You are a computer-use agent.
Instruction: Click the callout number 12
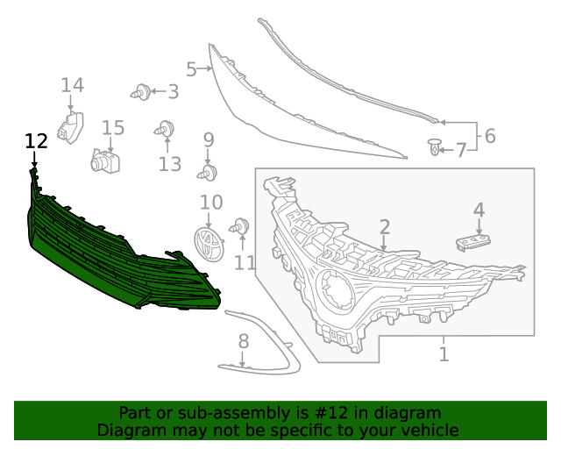pyautogui.click(x=36, y=141)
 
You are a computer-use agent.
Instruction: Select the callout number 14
pyautogui.click(x=72, y=85)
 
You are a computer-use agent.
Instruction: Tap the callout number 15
pyautogui.click(x=113, y=128)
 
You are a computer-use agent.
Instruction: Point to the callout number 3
pyautogui.click(x=173, y=90)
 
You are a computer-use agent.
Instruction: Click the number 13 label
pyautogui.click(x=169, y=164)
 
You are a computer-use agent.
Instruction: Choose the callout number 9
pyautogui.click(x=209, y=139)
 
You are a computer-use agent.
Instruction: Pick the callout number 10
pyautogui.click(x=211, y=203)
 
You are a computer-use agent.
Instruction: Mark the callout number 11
pyautogui.click(x=245, y=261)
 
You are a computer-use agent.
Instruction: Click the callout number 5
pyautogui.click(x=191, y=68)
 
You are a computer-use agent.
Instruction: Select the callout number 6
pyautogui.click(x=489, y=136)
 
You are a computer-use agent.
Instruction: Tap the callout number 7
pyautogui.click(x=460, y=151)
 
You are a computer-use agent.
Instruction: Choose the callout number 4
pyautogui.click(x=479, y=210)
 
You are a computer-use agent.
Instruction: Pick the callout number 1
pyautogui.click(x=444, y=354)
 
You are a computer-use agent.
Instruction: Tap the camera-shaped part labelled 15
pyautogui.click(x=105, y=161)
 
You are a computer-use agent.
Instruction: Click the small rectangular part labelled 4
pyautogui.click(x=473, y=240)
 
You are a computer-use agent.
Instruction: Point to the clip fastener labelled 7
pyautogui.click(x=436, y=147)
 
